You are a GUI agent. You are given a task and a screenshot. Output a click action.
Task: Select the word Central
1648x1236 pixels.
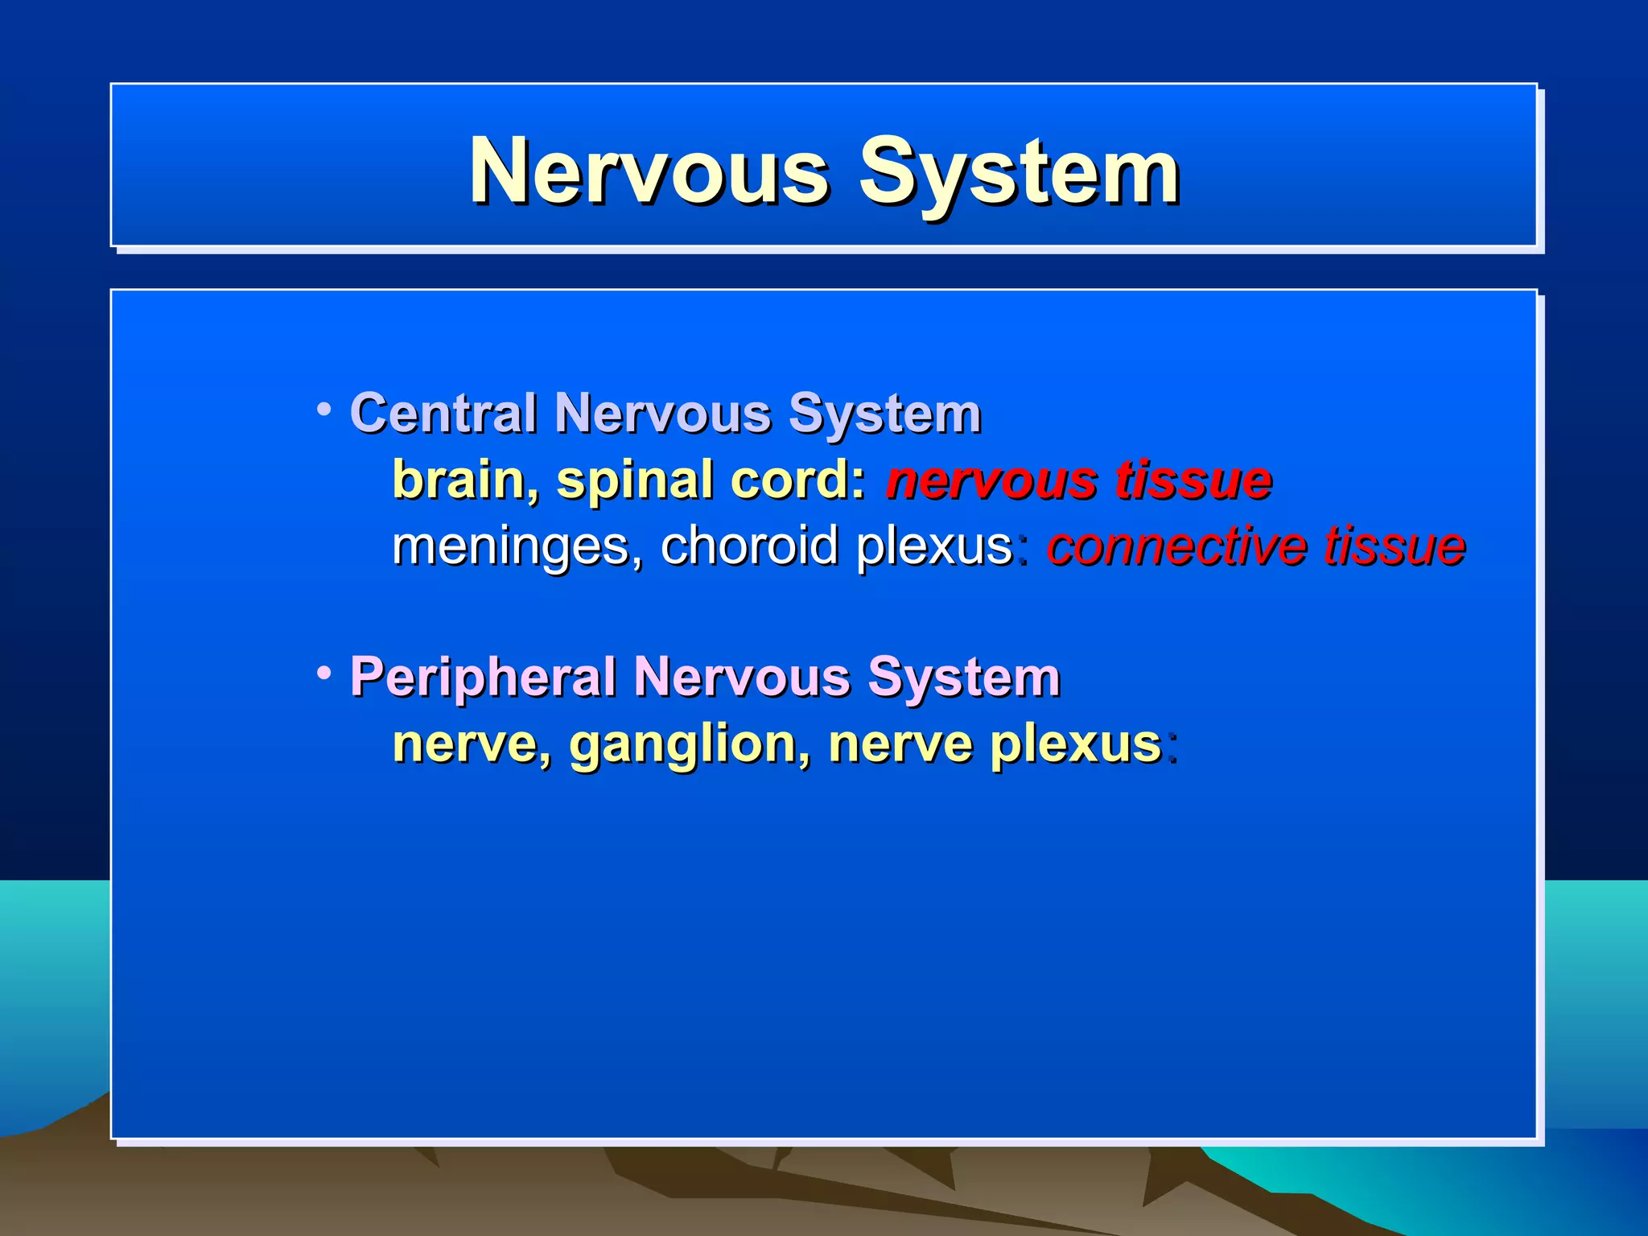point(443,414)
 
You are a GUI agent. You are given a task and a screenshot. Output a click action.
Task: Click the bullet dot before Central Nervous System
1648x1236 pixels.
point(323,410)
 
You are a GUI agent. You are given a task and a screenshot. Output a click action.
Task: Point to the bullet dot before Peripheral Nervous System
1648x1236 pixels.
point(323,672)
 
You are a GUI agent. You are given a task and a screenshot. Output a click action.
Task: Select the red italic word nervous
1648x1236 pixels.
point(992,481)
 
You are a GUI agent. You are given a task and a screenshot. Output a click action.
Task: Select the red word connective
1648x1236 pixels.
point(1178,546)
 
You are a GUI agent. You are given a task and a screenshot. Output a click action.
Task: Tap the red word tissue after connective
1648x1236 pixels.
point(1395,546)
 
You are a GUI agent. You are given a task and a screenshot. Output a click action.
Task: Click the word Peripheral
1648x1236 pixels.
point(482,678)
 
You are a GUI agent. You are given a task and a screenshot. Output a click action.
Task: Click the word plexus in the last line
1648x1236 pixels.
point(1076,744)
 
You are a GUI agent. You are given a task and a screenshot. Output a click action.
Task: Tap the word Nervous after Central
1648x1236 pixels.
point(663,414)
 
